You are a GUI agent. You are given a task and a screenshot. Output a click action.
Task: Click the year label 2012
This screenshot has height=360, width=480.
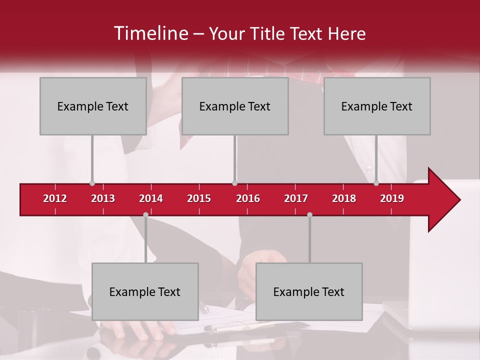click(x=55, y=198)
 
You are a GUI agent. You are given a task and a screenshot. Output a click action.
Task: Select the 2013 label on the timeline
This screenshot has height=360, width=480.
click(x=103, y=198)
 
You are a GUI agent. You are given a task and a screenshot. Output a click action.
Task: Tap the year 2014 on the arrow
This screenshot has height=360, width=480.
click(x=151, y=198)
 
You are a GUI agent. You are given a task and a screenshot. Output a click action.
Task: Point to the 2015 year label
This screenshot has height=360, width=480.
click(x=199, y=198)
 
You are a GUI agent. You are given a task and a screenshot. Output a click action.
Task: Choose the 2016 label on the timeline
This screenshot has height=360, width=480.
click(x=248, y=198)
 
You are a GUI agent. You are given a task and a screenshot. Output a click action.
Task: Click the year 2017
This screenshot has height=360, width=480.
click(x=296, y=198)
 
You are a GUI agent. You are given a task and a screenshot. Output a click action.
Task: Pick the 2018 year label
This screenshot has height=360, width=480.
click(x=344, y=198)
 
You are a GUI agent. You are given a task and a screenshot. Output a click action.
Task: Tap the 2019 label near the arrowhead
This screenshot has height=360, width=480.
click(x=392, y=198)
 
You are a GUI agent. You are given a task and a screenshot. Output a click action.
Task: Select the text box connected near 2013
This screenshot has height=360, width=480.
click(x=93, y=106)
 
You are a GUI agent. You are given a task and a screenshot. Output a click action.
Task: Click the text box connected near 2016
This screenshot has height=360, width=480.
click(x=235, y=106)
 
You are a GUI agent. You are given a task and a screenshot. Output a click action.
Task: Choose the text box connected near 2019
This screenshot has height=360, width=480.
click(x=377, y=106)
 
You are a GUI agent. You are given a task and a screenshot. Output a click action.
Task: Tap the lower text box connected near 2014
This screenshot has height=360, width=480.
click(x=145, y=291)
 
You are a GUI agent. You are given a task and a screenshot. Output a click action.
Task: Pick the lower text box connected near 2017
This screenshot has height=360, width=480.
click(x=309, y=291)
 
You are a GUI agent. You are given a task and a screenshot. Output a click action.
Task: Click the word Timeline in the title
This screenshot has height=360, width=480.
click(x=150, y=33)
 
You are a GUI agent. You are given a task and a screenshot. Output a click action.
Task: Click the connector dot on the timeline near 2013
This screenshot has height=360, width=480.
click(x=92, y=183)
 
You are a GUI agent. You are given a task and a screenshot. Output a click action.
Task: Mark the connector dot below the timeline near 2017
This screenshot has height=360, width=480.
click(x=309, y=214)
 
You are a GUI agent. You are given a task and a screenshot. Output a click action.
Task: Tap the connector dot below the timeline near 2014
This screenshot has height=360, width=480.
click(x=145, y=214)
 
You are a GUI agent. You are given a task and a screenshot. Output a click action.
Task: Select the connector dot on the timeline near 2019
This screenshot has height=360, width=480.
click(x=376, y=183)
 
